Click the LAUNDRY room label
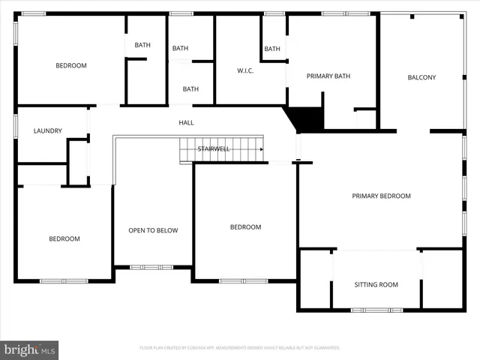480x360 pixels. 48,131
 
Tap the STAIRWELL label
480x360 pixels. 214,149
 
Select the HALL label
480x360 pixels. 186,122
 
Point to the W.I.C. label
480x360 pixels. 246,71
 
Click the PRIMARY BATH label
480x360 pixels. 328,76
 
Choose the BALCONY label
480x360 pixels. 421,77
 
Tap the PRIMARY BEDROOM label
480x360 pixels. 382,196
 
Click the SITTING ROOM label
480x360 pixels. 376,284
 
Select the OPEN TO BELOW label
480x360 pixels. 153,230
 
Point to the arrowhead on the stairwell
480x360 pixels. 262,149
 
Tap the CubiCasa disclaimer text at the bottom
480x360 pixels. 240,348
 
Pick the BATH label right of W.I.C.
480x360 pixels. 272,49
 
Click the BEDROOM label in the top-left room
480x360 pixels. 71,65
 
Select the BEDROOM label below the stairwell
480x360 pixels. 245,227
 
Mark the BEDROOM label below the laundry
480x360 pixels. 64,238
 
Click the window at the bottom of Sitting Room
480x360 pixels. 370,310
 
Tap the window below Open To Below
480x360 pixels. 151,267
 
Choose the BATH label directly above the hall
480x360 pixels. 190,89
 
